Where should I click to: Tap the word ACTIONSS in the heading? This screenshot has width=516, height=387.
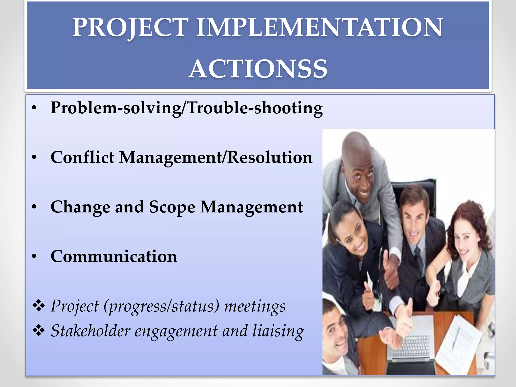coord(258,69)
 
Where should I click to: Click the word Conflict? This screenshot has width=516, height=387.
coord(82,157)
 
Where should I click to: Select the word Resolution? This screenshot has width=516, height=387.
coord(270,157)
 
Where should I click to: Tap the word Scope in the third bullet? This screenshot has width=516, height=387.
coord(172,207)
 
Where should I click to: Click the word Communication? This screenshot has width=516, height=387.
coord(114,256)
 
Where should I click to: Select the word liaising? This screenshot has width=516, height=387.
coord(278,331)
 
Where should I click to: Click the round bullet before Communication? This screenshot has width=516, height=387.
coord(34,257)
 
